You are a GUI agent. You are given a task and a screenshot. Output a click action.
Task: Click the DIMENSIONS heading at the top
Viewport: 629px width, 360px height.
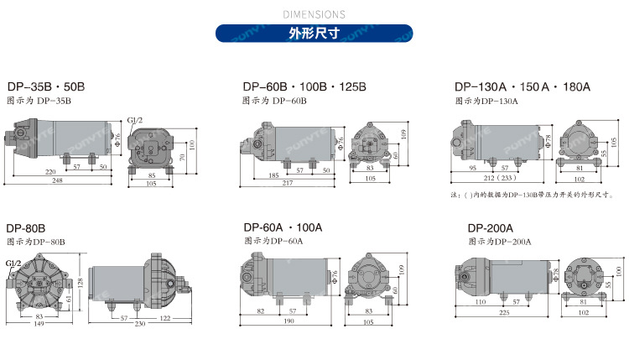point(314,14)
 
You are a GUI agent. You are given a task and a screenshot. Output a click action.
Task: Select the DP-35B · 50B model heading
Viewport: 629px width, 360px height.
point(46,86)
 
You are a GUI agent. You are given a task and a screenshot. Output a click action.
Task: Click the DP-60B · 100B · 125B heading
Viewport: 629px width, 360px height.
point(304,86)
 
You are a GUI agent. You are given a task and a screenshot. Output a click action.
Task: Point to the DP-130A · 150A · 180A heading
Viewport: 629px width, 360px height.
point(522,86)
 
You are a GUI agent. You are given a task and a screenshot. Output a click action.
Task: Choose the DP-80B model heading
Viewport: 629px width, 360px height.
point(26,227)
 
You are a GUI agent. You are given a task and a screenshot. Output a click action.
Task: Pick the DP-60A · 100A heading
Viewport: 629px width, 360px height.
point(283,227)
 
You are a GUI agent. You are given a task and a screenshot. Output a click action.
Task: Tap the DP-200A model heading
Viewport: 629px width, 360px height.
point(491,227)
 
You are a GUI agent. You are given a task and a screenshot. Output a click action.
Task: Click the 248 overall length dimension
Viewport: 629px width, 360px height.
point(56,180)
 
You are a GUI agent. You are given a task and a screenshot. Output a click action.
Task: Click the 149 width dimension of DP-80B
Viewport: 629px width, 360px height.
point(39,324)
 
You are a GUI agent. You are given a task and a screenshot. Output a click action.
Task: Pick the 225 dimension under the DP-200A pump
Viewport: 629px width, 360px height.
point(504,313)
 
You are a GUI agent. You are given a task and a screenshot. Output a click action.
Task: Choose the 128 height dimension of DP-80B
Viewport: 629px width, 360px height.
point(81,284)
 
